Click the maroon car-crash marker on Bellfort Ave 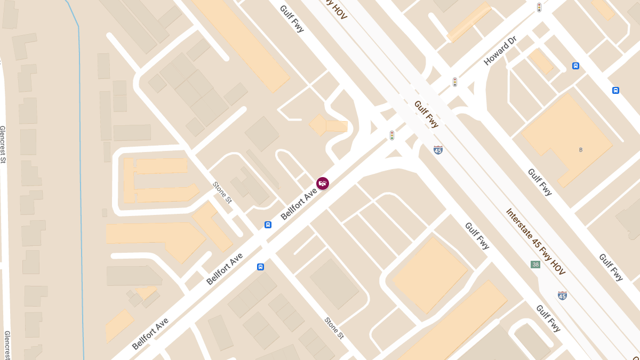pos(323,183)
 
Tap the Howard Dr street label pos(493,51)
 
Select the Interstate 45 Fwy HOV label pos(535,242)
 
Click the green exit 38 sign pos(535,264)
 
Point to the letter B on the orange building pos(581,150)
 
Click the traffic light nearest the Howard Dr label pos(455,82)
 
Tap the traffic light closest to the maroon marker pos(392,135)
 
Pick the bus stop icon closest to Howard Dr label pos(575,66)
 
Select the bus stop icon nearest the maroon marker pos(268,225)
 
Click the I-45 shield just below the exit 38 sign pos(562,295)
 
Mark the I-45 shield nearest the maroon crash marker pos(438,150)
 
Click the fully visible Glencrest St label pos(3,144)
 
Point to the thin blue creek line pos(81,187)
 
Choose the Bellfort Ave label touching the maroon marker pos(299,204)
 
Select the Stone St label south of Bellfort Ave pos(334,327)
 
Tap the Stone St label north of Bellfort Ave pos(222,193)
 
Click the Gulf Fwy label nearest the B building pos(539,182)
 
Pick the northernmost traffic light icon pos(539,7)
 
